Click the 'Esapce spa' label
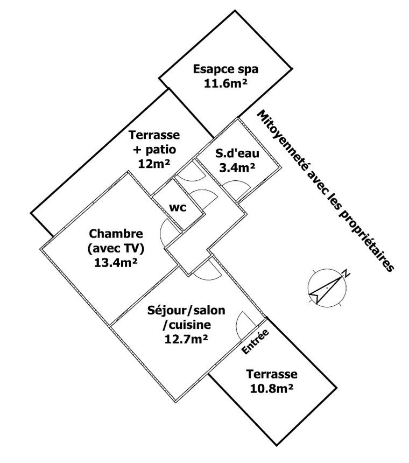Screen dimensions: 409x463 tap(225, 69)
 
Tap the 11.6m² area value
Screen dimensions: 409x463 tap(225, 83)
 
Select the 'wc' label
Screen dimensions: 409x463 tap(178, 208)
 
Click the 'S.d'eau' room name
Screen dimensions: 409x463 tap(237, 153)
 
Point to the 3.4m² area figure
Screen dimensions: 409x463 tap(237, 168)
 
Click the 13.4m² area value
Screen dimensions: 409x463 tap(116, 263)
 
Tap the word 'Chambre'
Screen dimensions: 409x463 tap(116, 234)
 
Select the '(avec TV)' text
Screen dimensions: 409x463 tap(116, 248)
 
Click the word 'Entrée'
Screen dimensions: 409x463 tap(255, 341)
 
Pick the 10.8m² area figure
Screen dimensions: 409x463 tap(271, 388)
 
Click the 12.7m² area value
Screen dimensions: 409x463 tap(186, 339)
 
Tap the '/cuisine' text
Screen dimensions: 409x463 tap(187, 325)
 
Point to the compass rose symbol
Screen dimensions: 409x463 tap(327, 287)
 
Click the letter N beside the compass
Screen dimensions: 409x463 tap(347, 274)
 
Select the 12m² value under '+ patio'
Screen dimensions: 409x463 tap(154, 164)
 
